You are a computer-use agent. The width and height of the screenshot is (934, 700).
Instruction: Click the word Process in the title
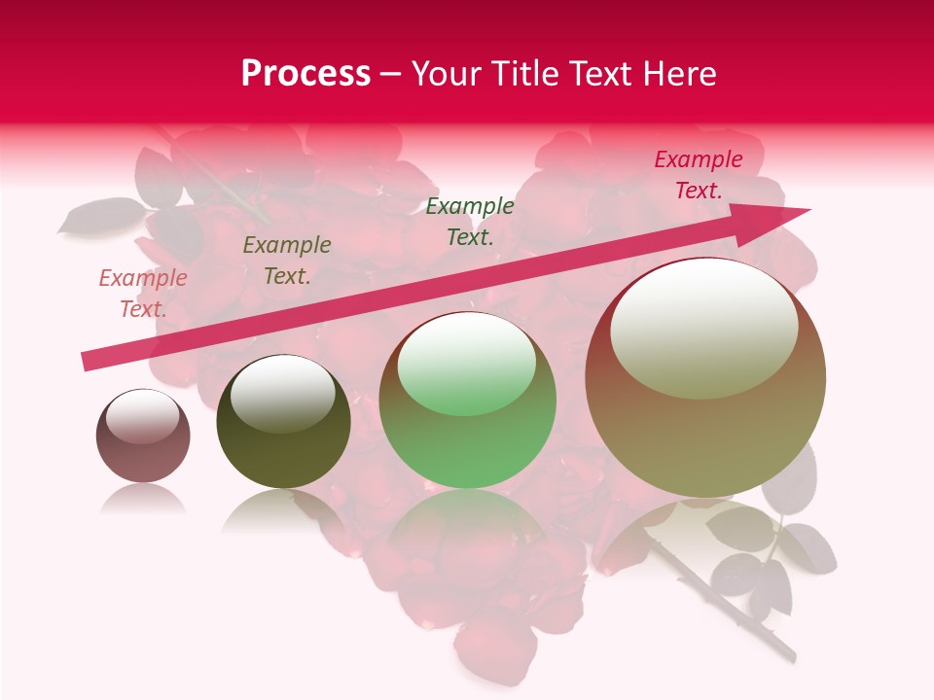tap(305, 74)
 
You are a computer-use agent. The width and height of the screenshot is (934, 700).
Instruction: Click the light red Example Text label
tap(143, 294)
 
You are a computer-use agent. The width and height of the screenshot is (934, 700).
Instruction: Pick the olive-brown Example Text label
tap(287, 261)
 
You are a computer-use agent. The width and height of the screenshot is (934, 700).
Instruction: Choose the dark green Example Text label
tap(470, 222)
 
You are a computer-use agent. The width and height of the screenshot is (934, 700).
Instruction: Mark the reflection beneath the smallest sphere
tap(143, 501)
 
